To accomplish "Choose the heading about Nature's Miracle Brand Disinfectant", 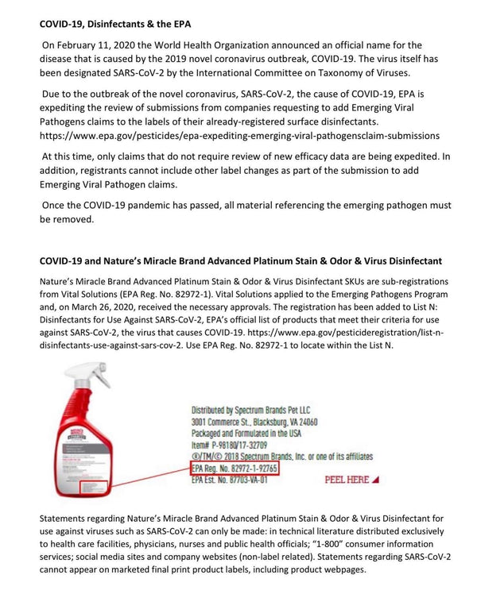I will coord(241,260).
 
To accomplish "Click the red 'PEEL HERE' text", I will coord(351,480).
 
